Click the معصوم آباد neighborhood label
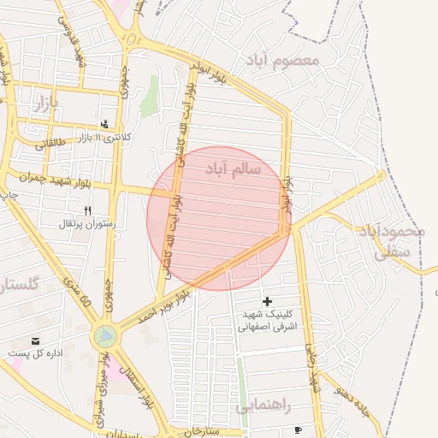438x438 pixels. coord(282,61)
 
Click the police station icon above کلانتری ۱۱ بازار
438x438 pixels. coord(104,124)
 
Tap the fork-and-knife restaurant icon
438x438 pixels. coord(87,210)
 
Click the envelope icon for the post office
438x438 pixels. coord(36,340)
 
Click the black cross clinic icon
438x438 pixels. coord(268,301)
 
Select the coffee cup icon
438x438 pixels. coord(297,429)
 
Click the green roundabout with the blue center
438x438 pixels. coord(104,337)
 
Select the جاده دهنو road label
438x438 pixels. coord(352,396)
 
